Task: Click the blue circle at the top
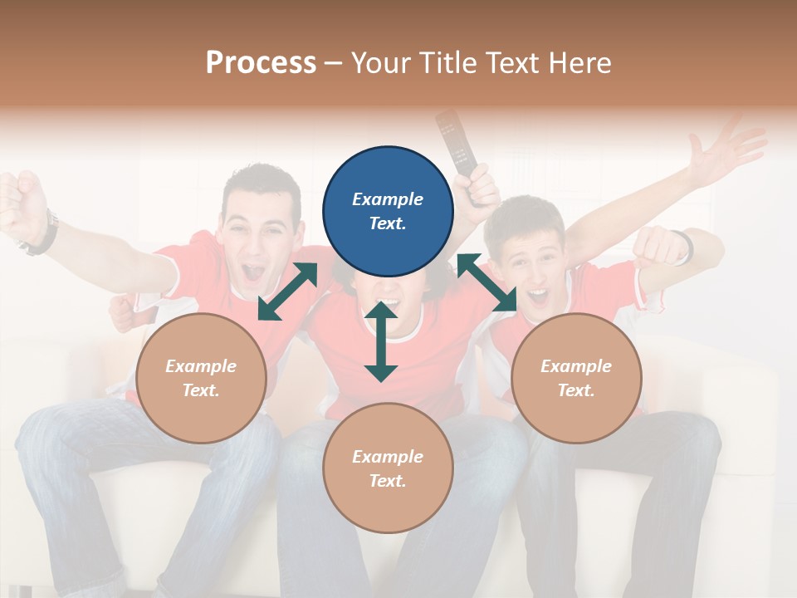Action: click(x=388, y=212)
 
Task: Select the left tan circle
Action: click(x=201, y=378)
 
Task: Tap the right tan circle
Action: click(x=576, y=378)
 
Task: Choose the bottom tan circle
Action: click(x=388, y=468)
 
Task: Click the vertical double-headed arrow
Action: click(x=381, y=341)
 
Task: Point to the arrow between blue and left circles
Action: click(x=287, y=292)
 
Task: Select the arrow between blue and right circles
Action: click(x=487, y=282)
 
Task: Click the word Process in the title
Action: click(x=261, y=62)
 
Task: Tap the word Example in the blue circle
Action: click(x=388, y=199)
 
